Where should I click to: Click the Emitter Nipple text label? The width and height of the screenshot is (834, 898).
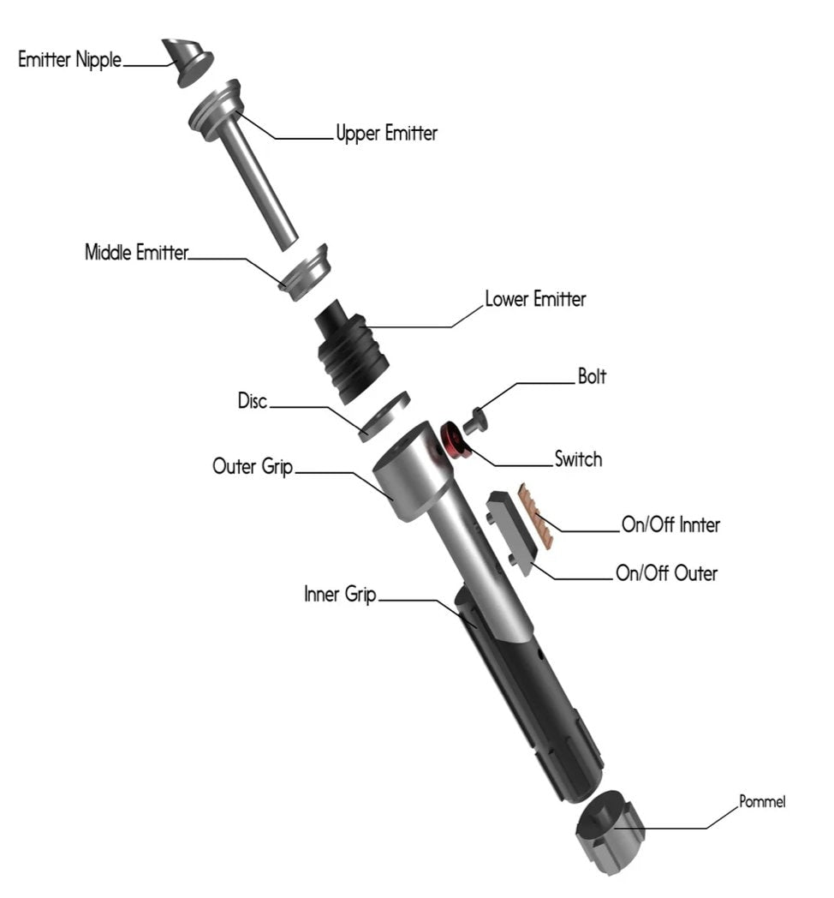[x=70, y=61]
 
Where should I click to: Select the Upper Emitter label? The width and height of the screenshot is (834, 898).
[x=386, y=133]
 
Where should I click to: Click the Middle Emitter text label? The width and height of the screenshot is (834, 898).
[x=136, y=253]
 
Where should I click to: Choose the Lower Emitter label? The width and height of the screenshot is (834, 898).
[x=535, y=300]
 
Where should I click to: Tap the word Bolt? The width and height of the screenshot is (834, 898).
[x=592, y=377]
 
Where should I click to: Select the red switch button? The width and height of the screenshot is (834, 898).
[x=453, y=440]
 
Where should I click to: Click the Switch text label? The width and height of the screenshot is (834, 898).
[x=578, y=459]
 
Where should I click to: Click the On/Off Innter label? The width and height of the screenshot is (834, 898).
[x=670, y=525]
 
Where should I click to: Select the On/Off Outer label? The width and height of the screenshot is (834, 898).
[x=666, y=572]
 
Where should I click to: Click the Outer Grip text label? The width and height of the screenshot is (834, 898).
[x=253, y=467]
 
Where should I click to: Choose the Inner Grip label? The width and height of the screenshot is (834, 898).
[x=340, y=595]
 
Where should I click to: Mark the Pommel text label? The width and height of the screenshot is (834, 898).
[x=762, y=802]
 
